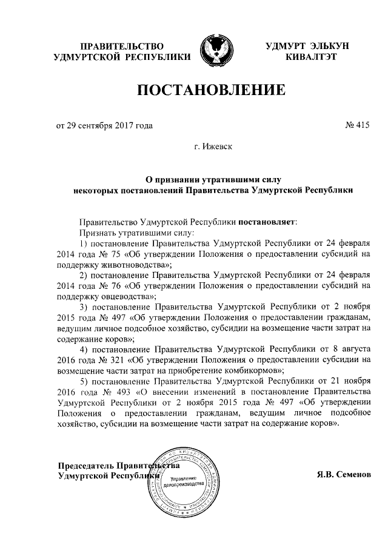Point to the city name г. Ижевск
[x=212, y=147]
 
